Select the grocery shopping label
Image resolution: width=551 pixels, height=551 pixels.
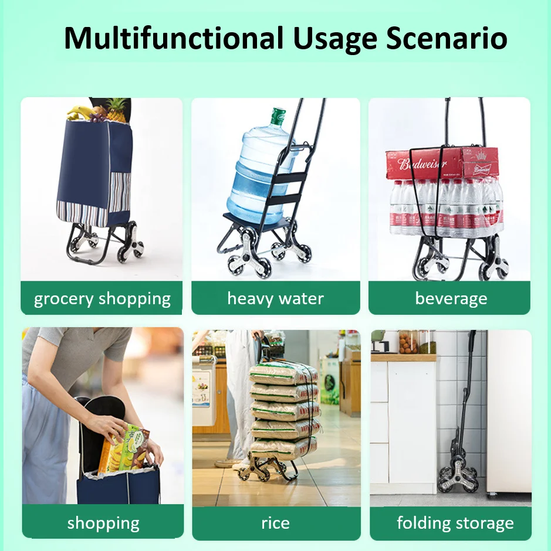[x=102, y=298]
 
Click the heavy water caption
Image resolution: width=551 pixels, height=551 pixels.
[x=275, y=298]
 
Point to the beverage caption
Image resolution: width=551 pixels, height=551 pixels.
[x=451, y=298]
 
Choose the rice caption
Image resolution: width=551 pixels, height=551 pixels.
[x=275, y=523]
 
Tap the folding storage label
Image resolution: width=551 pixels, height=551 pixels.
[x=455, y=523]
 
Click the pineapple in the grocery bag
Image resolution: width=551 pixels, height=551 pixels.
[x=116, y=111]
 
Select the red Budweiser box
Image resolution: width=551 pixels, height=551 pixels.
[x=441, y=162]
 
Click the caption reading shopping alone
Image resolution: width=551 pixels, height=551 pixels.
[x=103, y=523]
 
